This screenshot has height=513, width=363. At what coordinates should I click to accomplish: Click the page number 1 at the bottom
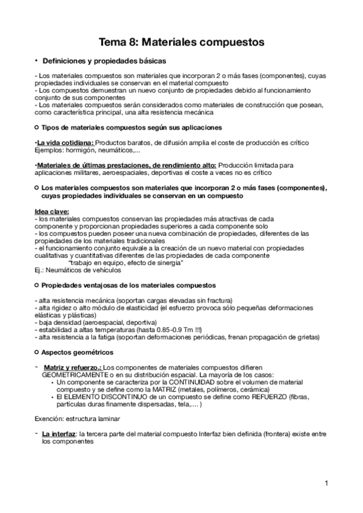326,483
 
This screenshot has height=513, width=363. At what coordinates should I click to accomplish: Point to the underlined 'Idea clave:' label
52,211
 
